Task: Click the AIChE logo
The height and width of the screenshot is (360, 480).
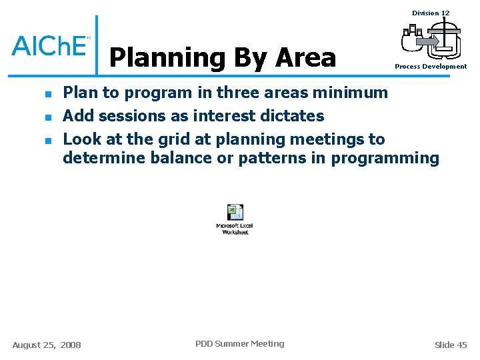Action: coord(50,45)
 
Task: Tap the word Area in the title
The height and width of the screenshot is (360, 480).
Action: coord(305,58)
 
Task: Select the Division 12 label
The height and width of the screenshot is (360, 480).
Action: coord(430,13)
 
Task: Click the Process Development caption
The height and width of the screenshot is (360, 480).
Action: coord(430,67)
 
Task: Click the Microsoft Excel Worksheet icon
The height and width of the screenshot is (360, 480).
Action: coord(235,219)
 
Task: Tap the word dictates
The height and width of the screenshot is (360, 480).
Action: coord(292,116)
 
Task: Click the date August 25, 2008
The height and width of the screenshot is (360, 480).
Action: coord(47,345)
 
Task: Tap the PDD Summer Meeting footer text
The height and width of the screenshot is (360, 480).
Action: coord(239,344)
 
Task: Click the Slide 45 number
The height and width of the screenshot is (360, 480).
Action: coord(451,345)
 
